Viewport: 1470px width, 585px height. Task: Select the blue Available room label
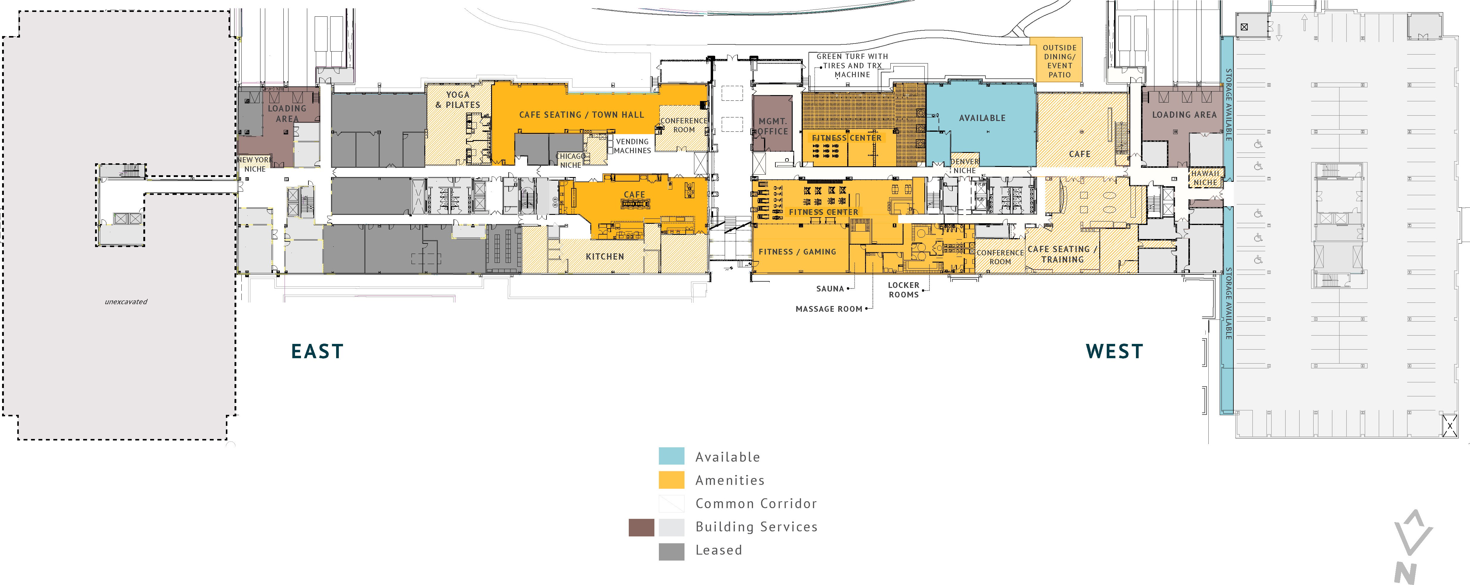982,118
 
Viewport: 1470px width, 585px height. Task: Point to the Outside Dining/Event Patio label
1060,61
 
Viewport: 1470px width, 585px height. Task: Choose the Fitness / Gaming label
797,252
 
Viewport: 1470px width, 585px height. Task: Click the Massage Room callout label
829,309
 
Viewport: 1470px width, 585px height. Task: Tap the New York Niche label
254,165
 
